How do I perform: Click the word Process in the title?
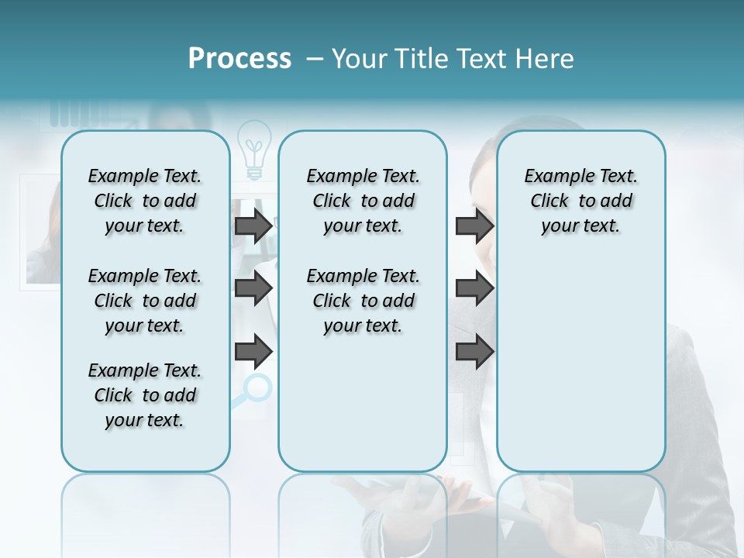tap(239, 59)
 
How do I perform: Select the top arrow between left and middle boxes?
tap(253, 226)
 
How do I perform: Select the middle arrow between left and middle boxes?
tap(253, 288)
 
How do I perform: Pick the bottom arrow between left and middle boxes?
tap(253, 352)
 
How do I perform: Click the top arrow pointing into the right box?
tap(475, 226)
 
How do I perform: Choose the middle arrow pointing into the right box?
tap(475, 288)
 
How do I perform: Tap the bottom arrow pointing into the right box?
tap(475, 352)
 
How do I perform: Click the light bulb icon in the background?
tap(254, 147)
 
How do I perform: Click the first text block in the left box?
tap(145, 201)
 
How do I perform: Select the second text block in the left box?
tap(145, 301)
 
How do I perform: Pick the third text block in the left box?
tap(145, 395)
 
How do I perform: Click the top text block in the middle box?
tap(363, 201)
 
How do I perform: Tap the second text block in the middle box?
tap(363, 301)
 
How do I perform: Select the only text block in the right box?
tap(580, 201)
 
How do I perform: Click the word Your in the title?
tap(360, 59)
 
